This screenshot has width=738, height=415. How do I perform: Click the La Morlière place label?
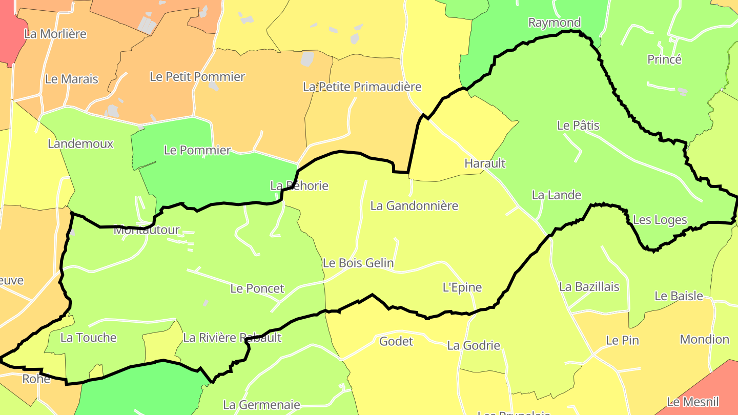(55, 34)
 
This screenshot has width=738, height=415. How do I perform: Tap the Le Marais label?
(71, 79)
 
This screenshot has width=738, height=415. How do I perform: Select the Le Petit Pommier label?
(197, 77)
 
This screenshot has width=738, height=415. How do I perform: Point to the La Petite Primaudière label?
(362, 87)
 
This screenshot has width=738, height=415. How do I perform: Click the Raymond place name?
(554, 23)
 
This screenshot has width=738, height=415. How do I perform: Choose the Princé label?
(664, 59)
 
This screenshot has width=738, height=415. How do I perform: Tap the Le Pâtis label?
(578, 126)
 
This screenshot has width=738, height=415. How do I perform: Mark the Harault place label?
(484, 163)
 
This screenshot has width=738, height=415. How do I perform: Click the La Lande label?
(556, 195)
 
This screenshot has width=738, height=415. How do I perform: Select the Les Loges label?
(660, 220)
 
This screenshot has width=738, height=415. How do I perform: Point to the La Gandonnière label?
(414, 206)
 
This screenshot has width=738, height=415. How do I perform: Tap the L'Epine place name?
(462, 287)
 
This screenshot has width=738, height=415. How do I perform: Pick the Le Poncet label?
(257, 288)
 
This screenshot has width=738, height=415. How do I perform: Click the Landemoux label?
(80, 144)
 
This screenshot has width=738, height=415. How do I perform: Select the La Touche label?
(88, 338)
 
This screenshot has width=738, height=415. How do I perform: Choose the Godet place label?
(396, 341)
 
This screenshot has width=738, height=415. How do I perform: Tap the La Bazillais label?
(589, 287)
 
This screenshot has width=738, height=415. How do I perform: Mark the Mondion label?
(704, 340)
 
